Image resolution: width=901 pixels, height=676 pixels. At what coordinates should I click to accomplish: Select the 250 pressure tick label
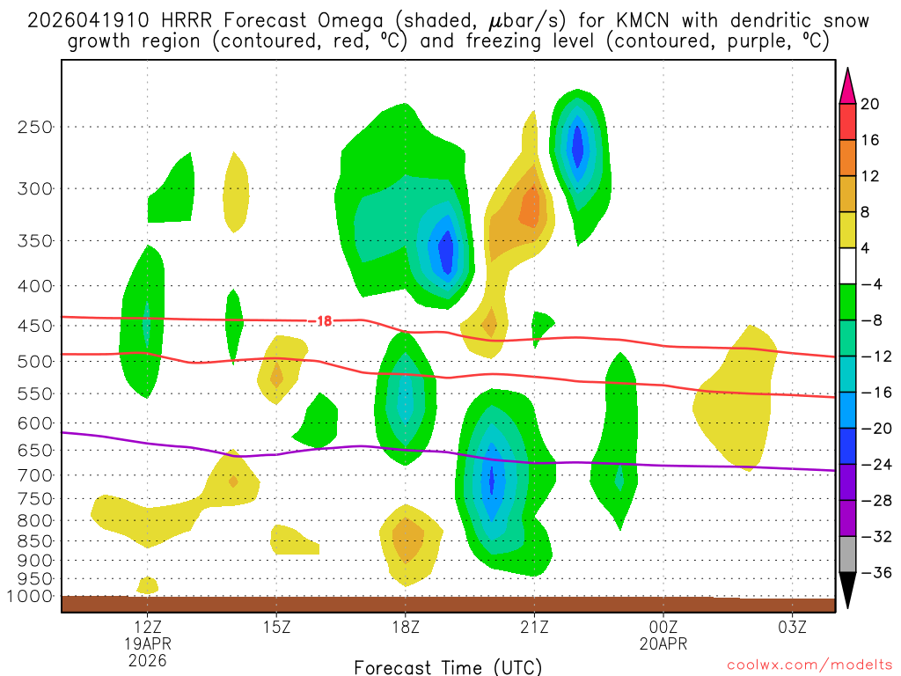(x=36, y=127)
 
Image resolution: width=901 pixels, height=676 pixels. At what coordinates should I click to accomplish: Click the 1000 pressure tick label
(x=33, y=596)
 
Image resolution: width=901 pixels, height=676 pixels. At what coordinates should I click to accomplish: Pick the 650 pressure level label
(x=36, y=450)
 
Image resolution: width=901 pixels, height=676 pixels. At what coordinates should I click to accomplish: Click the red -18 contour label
(x=323, y=321)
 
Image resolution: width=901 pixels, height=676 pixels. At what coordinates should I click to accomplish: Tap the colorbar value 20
(x=870, y=104)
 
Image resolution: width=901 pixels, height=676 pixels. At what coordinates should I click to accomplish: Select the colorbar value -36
(x=873, y=572)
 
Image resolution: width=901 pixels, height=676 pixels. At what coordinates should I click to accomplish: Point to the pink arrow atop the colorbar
(x=847, y=86)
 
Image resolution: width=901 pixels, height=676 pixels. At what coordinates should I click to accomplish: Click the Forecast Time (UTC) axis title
(x=448, y=666)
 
